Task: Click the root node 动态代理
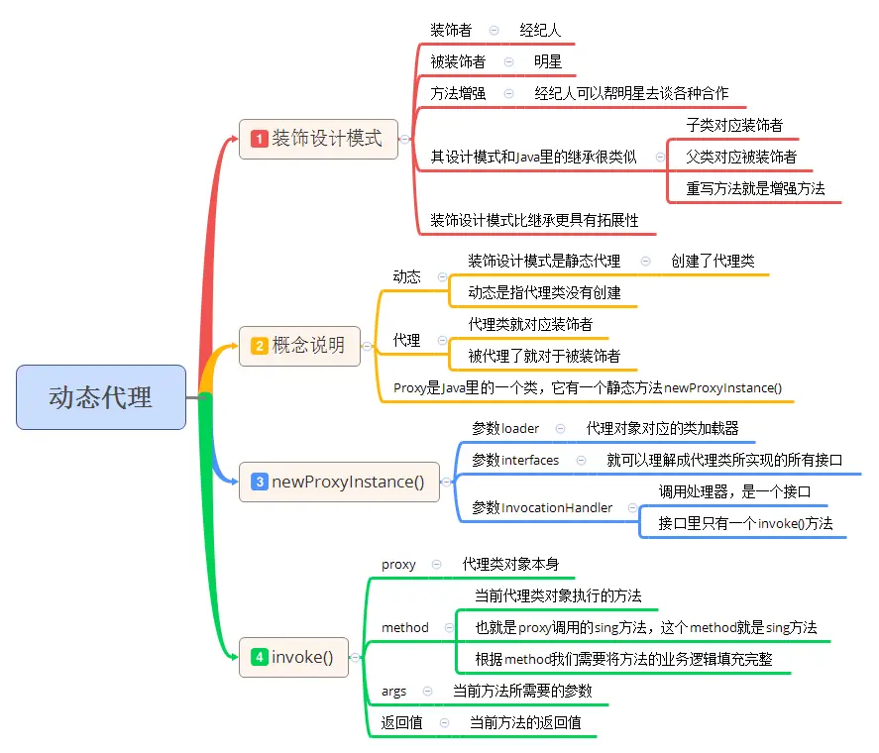pyautogui.click(x=101, y=397)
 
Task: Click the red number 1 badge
pyautogui.click(x=260, y=140)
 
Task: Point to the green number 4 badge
pyautogui.click(x=260, y=657)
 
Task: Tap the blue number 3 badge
pyautogui.click(x=260, y=483)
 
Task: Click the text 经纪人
pyautogui.click(x=540, y=31)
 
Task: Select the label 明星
pyautogui.click(x=548, y=61)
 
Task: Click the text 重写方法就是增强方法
pyautogui.click(x=755, y=188)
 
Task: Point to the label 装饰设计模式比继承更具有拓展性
pyautogui.click(x=534, y=220)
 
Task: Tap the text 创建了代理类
pyautogui.click(x=713, y=261)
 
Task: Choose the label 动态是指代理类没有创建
pyautogui.click(x=544, y=292)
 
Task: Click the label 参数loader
pyautogui.click(x=505, y=429)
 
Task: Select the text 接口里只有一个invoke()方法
pyautogui.click(x=745, y=523)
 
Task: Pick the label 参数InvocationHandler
pyautogui.click(x=542, y=507)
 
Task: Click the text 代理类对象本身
pyautogui.click(x=510, y=564)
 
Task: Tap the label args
pyautogui.click(x=393, y=691)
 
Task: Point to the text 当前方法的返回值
pyautogui.click(x=525, y=722)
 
